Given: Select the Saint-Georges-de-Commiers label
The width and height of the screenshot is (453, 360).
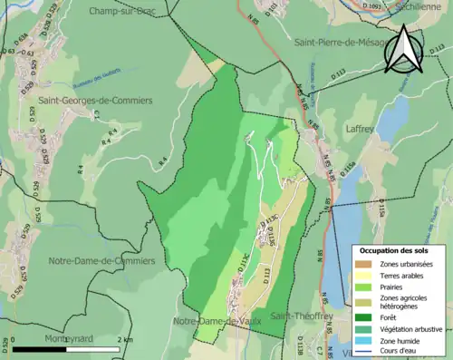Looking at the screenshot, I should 95,100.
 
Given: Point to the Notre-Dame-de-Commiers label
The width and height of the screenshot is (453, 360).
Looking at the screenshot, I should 101,260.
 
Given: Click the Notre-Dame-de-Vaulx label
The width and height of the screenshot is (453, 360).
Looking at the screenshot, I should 217,322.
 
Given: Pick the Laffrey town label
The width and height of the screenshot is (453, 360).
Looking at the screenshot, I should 361,130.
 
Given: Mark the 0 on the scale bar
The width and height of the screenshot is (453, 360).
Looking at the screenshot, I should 15,339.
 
